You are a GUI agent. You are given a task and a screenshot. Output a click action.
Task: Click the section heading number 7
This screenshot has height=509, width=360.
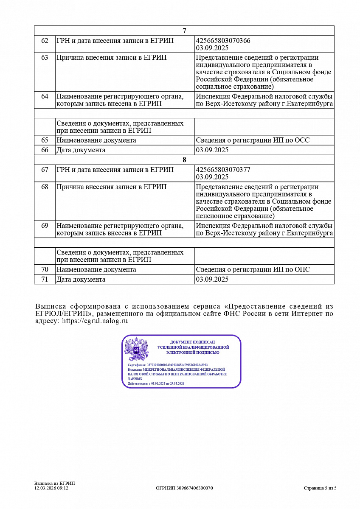pyautogui.click(x=184, y=31)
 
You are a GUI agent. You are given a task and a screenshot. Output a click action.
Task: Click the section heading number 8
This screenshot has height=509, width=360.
pyautogui.click(x=184, y=160)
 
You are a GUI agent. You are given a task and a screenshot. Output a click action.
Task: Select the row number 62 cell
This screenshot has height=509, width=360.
pyautogui.click(x=45, y=41)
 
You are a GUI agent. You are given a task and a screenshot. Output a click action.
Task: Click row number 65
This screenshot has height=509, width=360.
pyautogui.click(x=45, y=140)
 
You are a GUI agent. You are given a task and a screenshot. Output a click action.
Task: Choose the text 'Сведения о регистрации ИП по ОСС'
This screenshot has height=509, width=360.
pyautogui.click(x=253, y=140)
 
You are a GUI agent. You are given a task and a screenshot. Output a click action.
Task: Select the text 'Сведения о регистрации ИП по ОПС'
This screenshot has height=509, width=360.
pyautogui.click(x=253, y=269)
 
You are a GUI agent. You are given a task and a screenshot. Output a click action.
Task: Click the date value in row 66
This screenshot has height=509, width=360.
pyautogui.click(x=212, y=150)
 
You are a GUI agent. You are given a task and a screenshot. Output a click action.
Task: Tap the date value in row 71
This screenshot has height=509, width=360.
pyautogui.click(x=212, y=279)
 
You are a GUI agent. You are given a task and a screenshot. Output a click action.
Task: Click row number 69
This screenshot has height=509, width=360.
pyautogui.click(x=45, y=226)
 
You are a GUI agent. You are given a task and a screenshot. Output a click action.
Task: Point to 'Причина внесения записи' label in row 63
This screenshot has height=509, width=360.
pyautogui.click(x=112, y=58)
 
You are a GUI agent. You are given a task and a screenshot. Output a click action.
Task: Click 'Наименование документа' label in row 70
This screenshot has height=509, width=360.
pyautogui.click(x=96, y=269)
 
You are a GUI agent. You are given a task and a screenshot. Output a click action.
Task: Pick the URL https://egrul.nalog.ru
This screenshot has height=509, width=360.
pyautogui.click(x=95, y=321)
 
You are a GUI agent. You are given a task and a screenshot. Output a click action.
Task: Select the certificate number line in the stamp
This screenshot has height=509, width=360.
pyautogui.click(x=168, y=365)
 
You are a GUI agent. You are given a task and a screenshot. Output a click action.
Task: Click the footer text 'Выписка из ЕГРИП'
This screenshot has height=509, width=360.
pyautogui.click(x=54, y=484)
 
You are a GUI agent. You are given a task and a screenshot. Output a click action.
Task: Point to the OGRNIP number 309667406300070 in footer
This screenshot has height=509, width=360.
pyautogui.click(x=184, y=488)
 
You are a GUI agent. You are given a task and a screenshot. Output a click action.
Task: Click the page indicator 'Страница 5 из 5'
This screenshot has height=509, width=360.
pyautogui.click(x=320, y=488)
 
